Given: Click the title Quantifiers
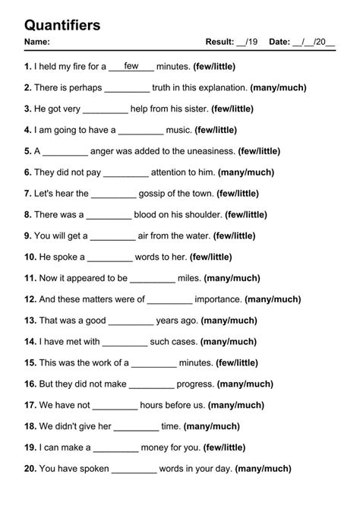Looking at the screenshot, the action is click(x=62, y=25).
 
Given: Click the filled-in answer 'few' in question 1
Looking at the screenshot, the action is click(x=131, y=66).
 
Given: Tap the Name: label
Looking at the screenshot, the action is click(x=37, y=42).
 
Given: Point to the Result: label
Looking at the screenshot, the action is click(x=219, y=42).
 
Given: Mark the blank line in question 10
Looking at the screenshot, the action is click(x=111, y=258).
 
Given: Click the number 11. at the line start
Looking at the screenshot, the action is click(x=30, y=278).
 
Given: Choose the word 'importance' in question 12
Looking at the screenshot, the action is click(x=218, y=299).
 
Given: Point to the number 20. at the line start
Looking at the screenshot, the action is click(x=30, y=469).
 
